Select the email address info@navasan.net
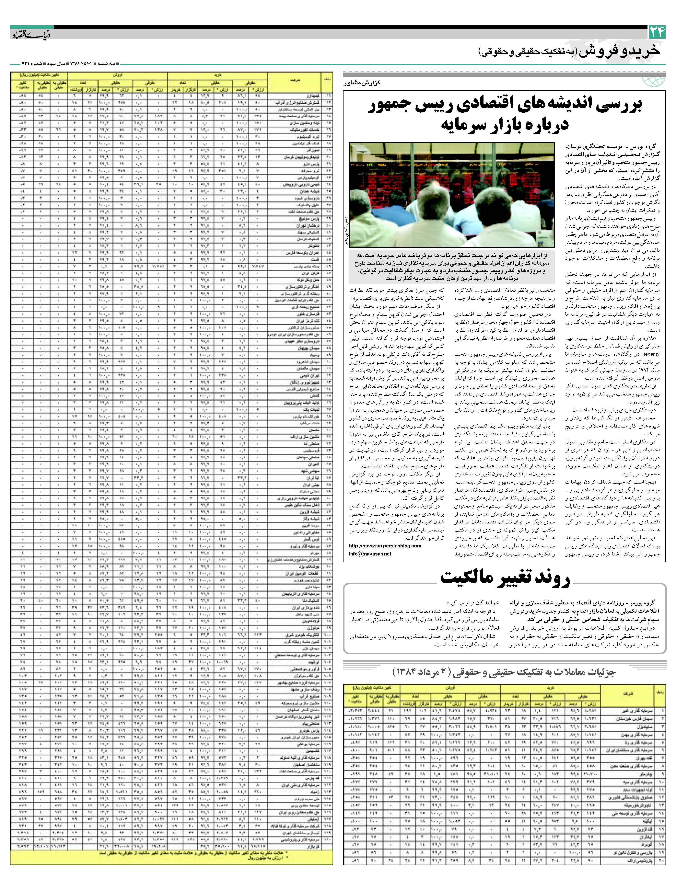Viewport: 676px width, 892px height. (x=370, y=554)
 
